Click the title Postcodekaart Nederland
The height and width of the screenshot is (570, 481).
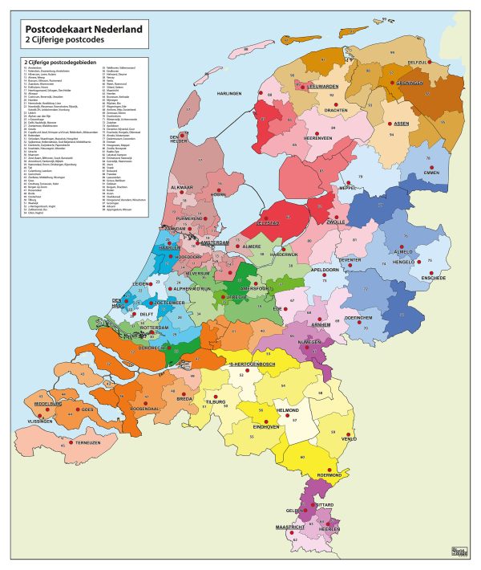pos(84,30)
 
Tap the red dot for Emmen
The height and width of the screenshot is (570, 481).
pos(434,166)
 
